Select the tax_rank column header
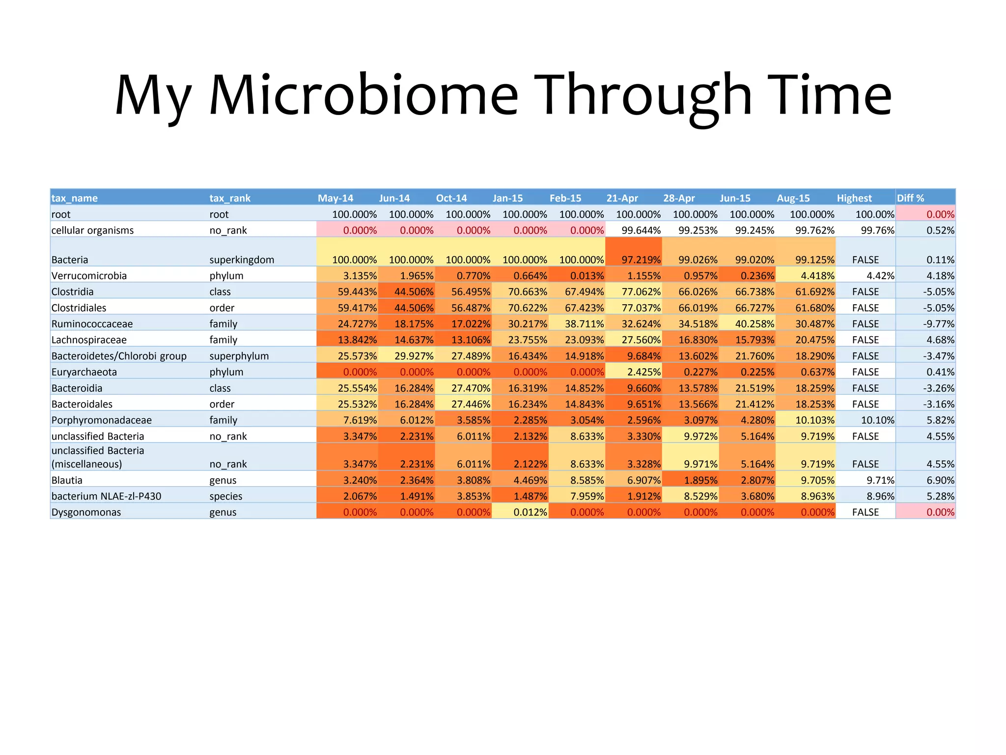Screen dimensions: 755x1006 click(x=230, y=198)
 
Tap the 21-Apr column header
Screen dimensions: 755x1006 click(x=622, y=198)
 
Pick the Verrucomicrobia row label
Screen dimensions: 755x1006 click(x=89, y=276)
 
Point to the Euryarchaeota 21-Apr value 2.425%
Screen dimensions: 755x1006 click(x=643, y=372)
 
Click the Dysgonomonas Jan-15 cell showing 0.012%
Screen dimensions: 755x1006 click(x=530, y=512)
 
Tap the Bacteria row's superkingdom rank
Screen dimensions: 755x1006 click(x=242, y=260)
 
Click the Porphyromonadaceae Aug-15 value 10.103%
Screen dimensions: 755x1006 click(x=815, y=420)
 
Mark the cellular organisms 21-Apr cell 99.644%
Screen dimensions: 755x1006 click(x=641, y=231)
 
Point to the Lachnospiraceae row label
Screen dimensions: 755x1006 click(x=89, y=340)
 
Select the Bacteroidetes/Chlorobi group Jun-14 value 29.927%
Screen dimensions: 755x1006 click(x=414, y=356)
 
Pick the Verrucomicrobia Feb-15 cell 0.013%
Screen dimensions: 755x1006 click(x=587, y=276)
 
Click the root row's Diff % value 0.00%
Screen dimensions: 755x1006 click(x=940, y=214)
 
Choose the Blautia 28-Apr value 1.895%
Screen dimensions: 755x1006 click(x=700, y=480)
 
